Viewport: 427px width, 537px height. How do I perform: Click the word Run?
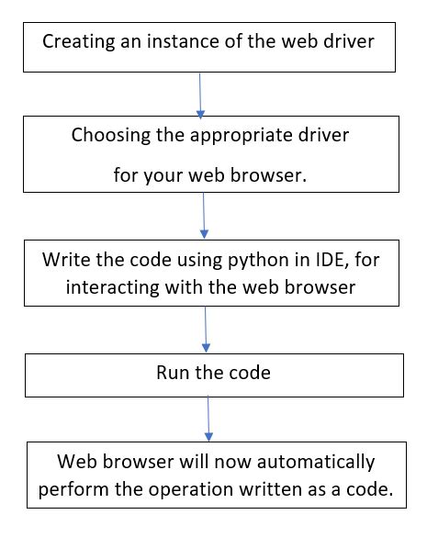click(173, 374)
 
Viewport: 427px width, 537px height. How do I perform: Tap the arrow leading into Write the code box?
click(204, 218)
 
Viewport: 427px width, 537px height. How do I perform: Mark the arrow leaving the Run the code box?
click(209, 415)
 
